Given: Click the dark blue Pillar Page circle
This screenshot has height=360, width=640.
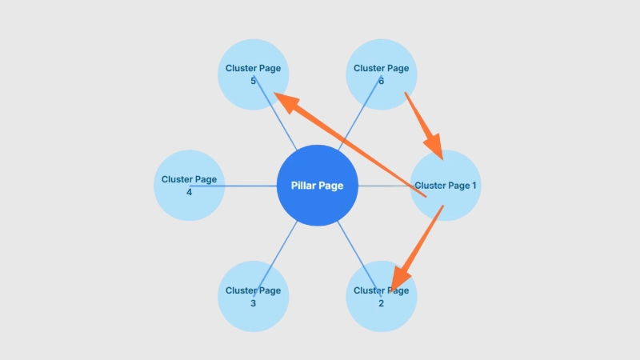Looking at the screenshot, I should [x=317, y=186].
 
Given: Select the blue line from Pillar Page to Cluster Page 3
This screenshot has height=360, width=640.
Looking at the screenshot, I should [x=280, y=248].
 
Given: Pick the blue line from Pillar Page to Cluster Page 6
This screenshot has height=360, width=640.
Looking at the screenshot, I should [x=356, y=120].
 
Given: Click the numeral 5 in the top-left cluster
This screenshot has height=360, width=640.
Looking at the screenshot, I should [x=253, y=81].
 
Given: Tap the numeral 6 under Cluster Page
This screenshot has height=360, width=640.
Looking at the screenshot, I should [x=381, y=81].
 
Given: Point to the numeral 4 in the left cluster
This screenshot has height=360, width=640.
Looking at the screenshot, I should [x=189, y=192].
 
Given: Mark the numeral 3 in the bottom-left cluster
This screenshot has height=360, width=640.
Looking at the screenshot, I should [x=253, y=303].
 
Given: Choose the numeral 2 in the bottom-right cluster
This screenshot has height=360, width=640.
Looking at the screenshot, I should [x=381, y=303].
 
